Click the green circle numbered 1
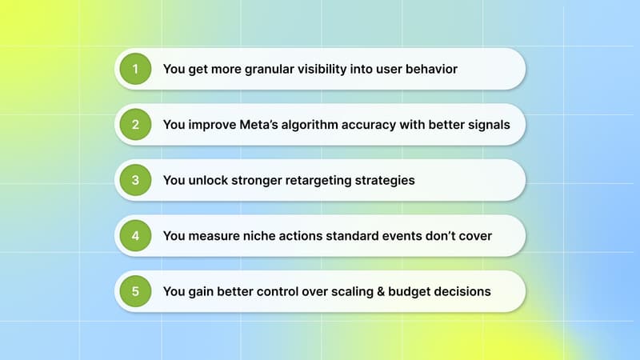(x=135, y=69)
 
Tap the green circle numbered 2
(x=135, y=125)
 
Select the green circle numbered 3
(x=135, y=180)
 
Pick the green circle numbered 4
(x=135, y=236)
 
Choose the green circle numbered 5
(x=135, y=291)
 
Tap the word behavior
(x=430, y=70)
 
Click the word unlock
(x=210, y=180)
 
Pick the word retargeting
(x=325, y=180)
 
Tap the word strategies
(x=390, y=180)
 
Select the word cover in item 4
(x=474, y=236)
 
